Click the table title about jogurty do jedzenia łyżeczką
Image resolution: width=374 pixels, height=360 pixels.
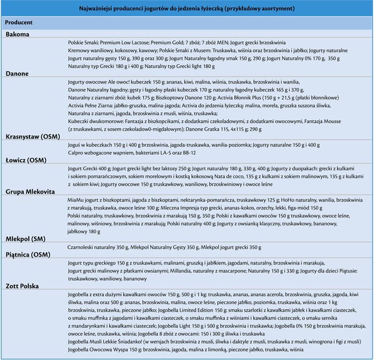187,9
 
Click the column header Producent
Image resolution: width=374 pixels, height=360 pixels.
18,22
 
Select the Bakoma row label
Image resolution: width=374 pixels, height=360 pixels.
18,35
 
